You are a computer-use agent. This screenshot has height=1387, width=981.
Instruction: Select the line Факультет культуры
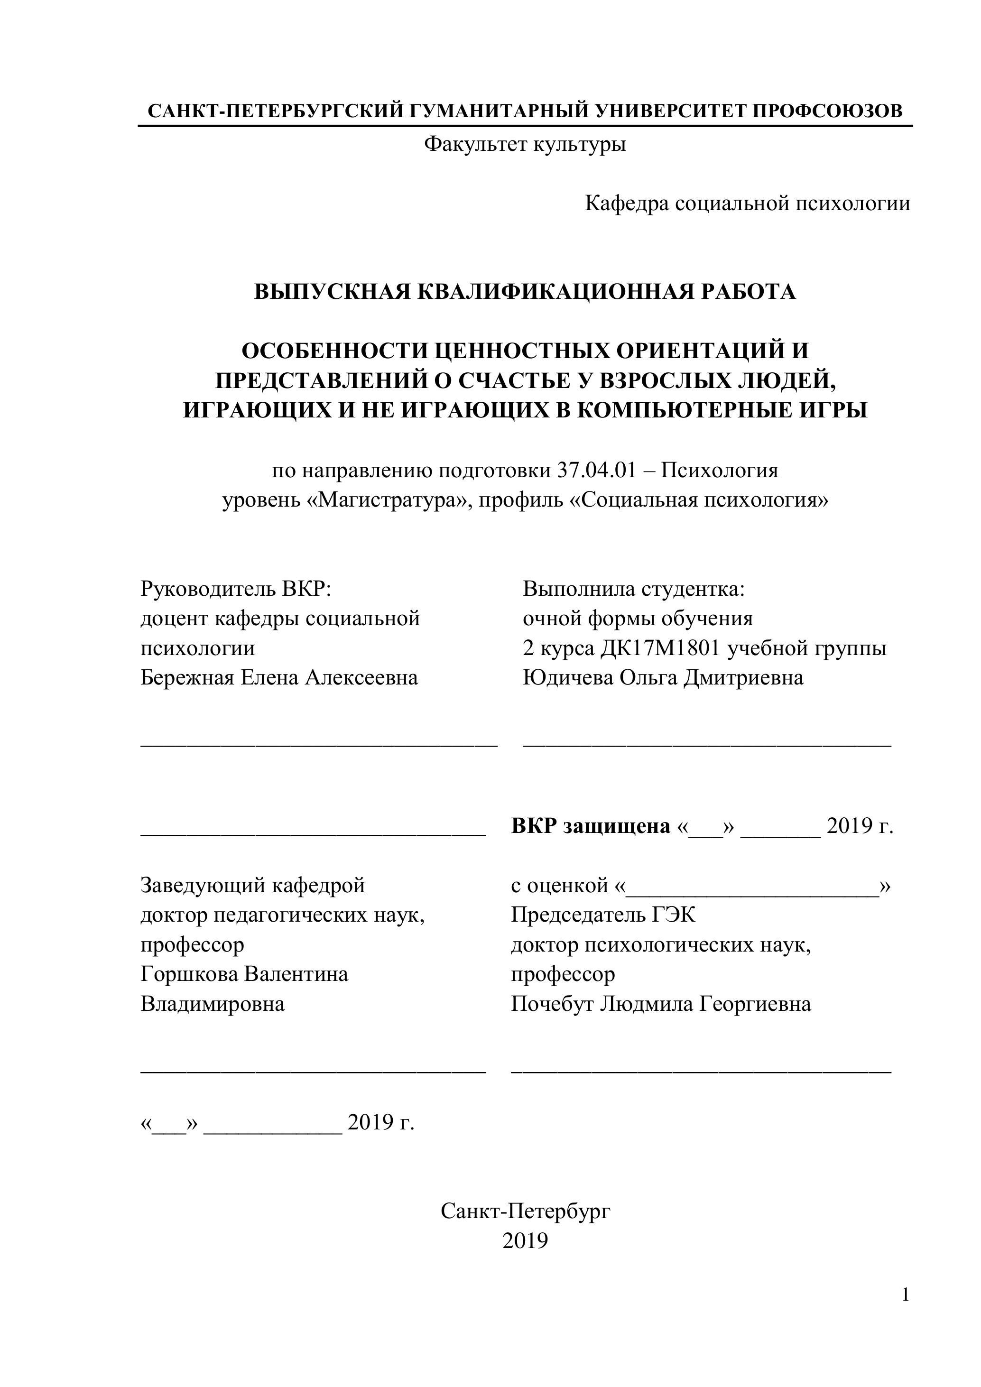click(525, 144)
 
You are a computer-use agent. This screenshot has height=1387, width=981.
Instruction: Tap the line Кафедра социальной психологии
click(747, 203)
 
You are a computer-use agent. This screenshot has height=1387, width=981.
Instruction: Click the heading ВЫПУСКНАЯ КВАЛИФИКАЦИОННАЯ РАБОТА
click(525, 292)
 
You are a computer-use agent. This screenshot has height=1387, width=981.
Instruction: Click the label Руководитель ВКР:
click(236, 588)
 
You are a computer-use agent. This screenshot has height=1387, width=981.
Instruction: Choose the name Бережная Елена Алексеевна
click(279, 678)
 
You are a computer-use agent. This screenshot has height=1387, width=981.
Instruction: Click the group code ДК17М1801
click(661, 648)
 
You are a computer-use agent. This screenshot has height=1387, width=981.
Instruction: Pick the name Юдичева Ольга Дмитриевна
click(663, 678)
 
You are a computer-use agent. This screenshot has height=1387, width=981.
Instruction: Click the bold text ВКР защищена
click(591, 826)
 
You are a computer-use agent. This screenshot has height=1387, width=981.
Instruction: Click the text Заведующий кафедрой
click(252, 886)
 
